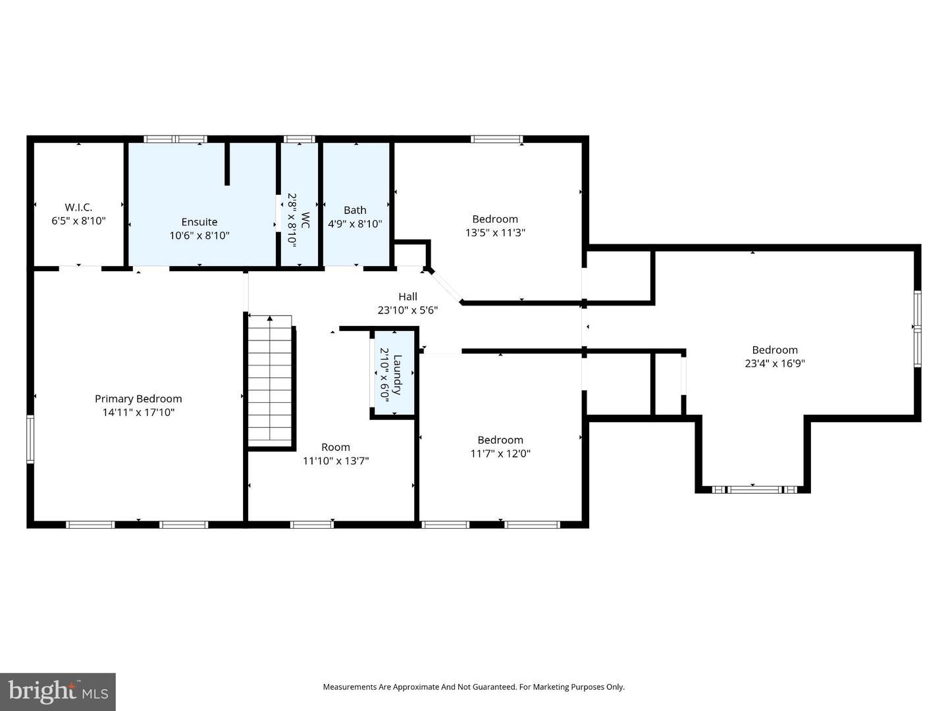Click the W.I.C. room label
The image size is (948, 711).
(78, 207)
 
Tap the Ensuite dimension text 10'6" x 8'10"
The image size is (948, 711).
(199, 236)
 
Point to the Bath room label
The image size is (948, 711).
(355, 210)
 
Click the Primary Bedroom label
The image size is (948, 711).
(138, 399)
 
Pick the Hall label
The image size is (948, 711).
(408, 297)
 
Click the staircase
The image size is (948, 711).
(270, 382)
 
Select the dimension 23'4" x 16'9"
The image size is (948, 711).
(775, 363)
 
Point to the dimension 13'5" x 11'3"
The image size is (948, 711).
(495, 232)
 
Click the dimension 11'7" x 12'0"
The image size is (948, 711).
(500, 454)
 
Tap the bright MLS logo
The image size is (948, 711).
(58, 691)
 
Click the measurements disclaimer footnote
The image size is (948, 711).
(473, 687)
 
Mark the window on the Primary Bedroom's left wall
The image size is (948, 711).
(30, 439)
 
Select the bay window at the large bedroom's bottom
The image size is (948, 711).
(752, 489)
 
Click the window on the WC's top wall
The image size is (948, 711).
(299, 139)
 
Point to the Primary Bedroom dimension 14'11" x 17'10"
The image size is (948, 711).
(138, 413)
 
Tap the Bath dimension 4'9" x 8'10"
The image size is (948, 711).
(355, 224)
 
